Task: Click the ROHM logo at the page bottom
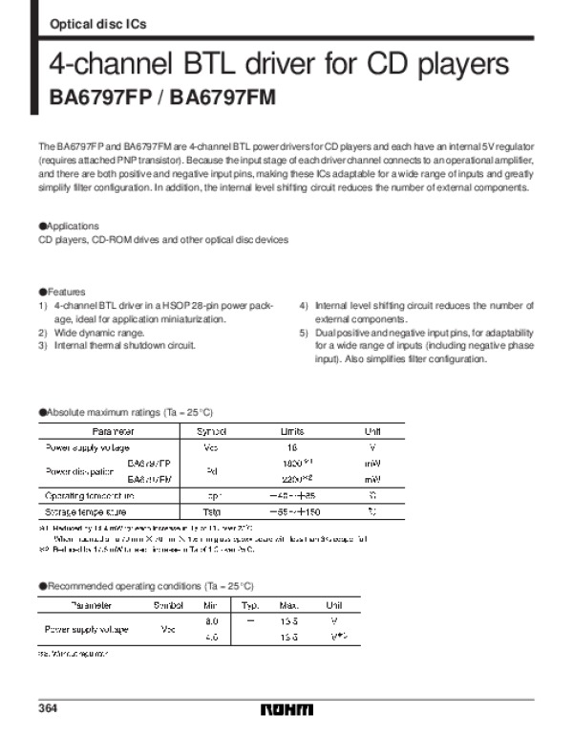(x=286, y=711)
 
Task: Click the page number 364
(x=49, y=708)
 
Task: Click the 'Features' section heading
(x=64, y=292)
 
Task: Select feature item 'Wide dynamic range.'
(x=98, y=332)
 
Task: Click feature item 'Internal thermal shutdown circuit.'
(x=124, y=345)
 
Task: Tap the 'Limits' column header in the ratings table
(x=292, y=431)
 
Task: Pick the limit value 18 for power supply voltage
(x=292, y=447)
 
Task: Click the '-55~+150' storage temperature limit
(x=293, y=513)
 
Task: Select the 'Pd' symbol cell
(x=211, y=471)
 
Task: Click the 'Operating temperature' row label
(x=90, y=496)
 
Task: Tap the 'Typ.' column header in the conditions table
(x=250, y=605)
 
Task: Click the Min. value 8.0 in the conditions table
(x=213, y=620)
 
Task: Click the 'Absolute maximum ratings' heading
(x=125, y=411)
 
